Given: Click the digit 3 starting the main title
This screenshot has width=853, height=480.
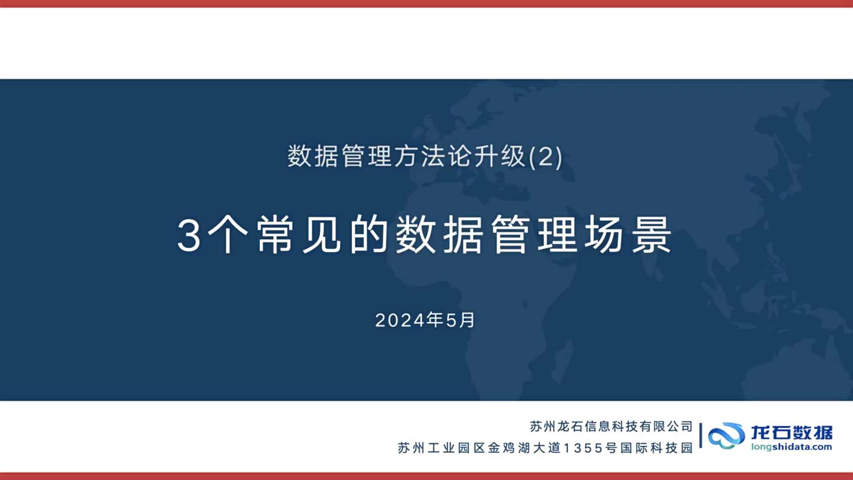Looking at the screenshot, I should [189, 236].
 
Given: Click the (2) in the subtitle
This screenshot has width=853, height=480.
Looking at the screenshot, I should [546, 157].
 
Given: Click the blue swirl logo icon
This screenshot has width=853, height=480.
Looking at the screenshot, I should [726, 436].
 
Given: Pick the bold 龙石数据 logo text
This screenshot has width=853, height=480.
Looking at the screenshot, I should [792, 432].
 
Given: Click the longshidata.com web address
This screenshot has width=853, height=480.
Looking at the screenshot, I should [792, 447].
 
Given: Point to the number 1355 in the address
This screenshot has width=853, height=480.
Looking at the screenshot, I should [583, 448].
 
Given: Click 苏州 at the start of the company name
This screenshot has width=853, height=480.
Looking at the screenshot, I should [542, 427].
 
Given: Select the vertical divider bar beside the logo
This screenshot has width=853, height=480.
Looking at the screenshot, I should [701, 435].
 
